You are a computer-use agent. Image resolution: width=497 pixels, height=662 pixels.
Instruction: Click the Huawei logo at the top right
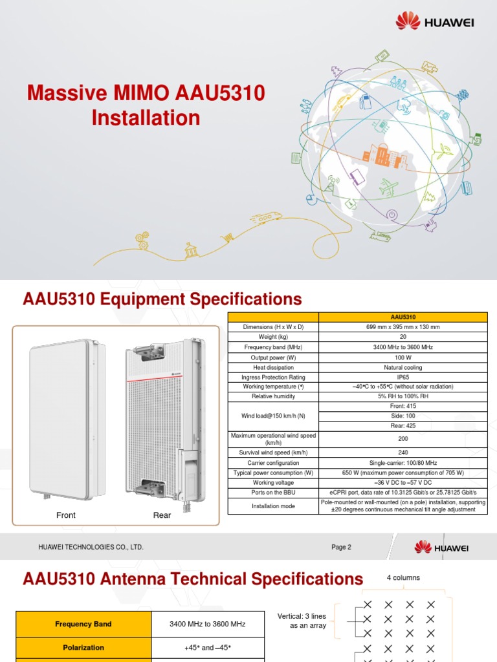(x=435, y=22)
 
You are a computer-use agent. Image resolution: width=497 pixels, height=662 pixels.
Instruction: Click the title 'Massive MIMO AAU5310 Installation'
(x=146, y=105)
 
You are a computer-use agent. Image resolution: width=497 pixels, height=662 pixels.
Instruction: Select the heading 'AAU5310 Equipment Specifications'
(x=162, y=299)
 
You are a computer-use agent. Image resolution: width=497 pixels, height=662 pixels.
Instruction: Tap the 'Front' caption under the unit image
(x=66, y=515)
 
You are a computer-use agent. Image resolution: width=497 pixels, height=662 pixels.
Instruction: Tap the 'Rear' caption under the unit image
(x=162, y=515)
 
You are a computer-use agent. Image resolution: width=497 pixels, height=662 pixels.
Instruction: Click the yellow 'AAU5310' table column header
(x=403, y=317)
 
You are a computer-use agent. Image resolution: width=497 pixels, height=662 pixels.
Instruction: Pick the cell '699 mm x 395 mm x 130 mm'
(x=403, y=327)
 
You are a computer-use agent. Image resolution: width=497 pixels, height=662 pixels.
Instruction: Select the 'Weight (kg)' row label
(x=273, y=337)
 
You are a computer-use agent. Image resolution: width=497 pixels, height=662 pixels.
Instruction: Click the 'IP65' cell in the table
(x=403, y=377)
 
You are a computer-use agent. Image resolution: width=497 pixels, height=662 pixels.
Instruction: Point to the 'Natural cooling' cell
(x=403, y=367)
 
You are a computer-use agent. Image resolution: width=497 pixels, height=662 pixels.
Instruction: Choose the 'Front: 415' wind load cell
(x=403, y=406)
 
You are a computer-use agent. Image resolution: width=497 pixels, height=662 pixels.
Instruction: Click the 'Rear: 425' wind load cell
(x=403, y=426)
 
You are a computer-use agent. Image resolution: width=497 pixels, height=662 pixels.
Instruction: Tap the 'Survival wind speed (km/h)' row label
(x=273, y=453)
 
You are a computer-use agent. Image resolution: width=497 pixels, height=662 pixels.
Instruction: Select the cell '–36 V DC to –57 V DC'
(x=403, y=482)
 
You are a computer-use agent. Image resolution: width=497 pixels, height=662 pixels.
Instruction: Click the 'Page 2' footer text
(x=341, y=547)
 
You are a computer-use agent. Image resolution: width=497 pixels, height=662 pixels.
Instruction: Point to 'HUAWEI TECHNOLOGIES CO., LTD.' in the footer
(x=91, y=547)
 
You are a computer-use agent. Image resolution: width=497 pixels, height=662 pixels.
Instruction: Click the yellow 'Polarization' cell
(x=82, y=647)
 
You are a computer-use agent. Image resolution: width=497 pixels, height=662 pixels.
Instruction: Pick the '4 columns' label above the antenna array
(x=403, y=577)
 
